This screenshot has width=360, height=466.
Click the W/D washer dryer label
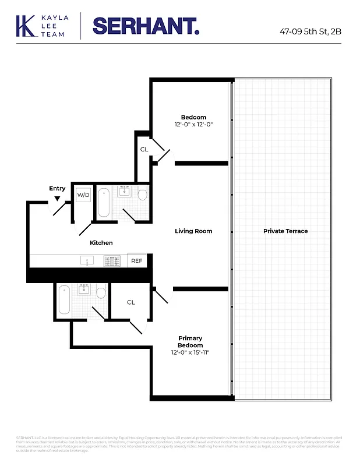[x=83, y=195]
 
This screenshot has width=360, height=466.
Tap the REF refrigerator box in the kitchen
[x=136, y=261]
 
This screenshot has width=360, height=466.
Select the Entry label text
[x=57, y=188]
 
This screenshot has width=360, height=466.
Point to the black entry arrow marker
[x=57, y=199]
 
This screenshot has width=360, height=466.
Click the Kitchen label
[x=101, y=243]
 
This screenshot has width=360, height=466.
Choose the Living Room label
[x=193, y=231]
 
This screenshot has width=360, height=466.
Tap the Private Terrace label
[x=285, y=231]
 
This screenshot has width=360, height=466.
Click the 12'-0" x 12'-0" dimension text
[x=193, y=125]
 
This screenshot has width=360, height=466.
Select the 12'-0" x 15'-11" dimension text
[x=190, y=352]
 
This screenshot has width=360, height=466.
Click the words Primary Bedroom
[x=190, y=341]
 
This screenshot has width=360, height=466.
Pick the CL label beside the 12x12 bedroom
[x=144, y=150]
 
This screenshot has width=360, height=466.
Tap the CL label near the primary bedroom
[x=131, y=302]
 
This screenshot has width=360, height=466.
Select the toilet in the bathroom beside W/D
[x=142, y=194]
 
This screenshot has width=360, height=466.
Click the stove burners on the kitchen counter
[x=111, y=261]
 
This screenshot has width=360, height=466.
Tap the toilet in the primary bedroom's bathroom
[x=101, y=292]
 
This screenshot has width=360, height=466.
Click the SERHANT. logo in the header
[x=146, y=27]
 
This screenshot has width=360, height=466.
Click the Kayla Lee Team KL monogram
[x=26, y=27]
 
